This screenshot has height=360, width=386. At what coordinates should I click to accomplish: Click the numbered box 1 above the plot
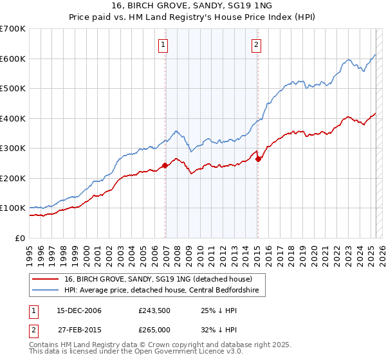coord(163,45)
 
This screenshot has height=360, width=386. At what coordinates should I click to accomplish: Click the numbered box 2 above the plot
coord(256,45)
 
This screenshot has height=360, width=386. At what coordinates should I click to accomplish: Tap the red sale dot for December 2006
coord(165,165)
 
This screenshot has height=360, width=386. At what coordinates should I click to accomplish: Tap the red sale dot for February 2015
coord(258,159)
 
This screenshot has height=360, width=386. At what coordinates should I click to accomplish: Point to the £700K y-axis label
coord(13,29)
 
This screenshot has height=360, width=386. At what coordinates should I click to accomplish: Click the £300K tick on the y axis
coord(13,148)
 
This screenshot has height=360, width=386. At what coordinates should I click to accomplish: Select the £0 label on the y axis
coord(21,238)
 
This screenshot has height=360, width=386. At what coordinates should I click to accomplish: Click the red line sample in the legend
coord(45,279)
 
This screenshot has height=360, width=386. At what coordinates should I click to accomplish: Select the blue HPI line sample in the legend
coord(45,291)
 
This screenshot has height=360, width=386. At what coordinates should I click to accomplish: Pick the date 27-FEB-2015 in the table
coord(79,329)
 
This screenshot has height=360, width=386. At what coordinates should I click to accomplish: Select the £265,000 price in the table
coord(154,329)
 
